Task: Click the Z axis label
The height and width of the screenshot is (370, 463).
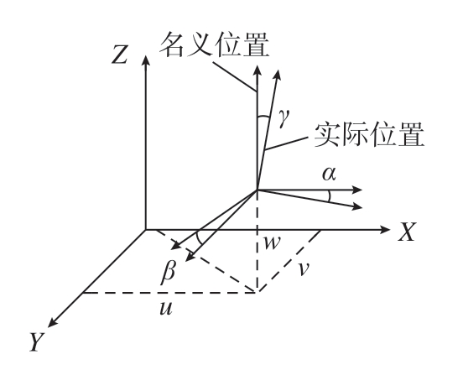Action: pos(120,55)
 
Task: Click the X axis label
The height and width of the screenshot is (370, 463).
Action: pos(407,232)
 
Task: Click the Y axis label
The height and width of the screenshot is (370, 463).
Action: pos(37,342)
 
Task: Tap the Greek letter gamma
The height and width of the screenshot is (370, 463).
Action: pos(284,117)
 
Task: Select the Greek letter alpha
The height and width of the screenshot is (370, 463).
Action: pos(329,174)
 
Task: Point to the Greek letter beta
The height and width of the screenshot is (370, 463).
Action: pos(169,273)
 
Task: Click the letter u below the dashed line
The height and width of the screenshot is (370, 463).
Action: pos(165,309)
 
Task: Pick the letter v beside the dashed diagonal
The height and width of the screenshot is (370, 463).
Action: pos(304,269)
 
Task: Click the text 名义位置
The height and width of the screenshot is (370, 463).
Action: pos(215,44)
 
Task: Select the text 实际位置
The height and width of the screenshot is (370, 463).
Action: pos(369,134)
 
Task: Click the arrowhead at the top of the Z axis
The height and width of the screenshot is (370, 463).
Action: pos(145,60)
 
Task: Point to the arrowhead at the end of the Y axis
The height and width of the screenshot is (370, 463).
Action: pos(53,322)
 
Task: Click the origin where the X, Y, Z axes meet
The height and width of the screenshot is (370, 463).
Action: pos(145,229)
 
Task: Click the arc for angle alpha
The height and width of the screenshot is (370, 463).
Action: pos(330,196)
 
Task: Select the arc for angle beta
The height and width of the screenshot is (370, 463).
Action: pos(199,238)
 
